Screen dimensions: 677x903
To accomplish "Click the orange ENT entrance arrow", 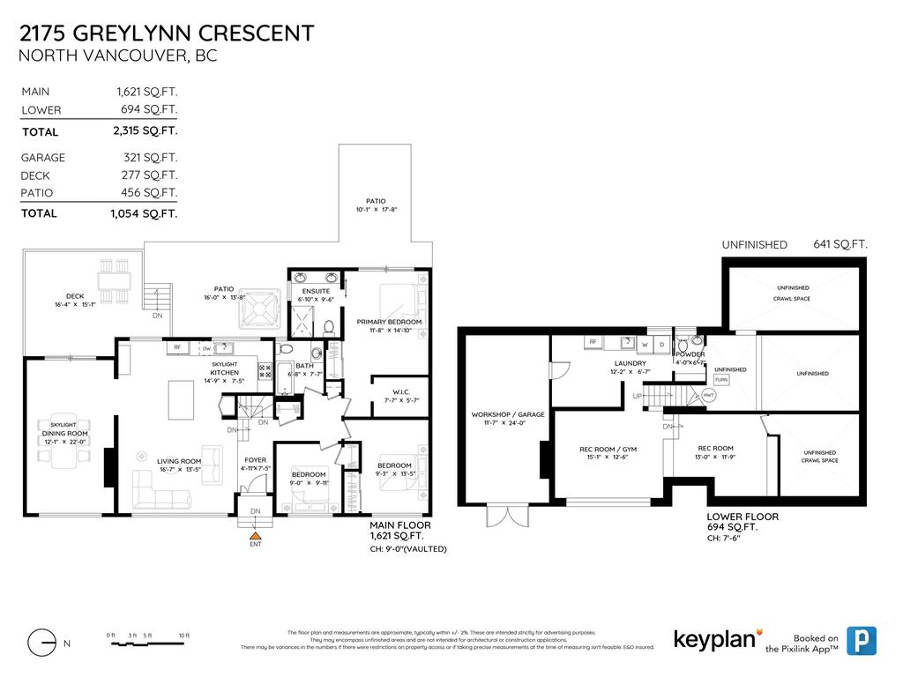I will (x=256, y=534).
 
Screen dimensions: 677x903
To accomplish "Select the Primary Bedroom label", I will (x=389, y=323).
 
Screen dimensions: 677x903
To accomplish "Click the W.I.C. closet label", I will (x=391, y=392).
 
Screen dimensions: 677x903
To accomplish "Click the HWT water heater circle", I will (x=708, y=396).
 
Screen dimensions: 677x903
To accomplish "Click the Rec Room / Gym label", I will (x=608, y=449).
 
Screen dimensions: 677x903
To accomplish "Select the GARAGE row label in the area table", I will (x=43, y=158).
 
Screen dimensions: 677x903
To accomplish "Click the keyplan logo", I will (x=713, y=638).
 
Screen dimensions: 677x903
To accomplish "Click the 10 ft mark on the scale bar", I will (x=184, y=636).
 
